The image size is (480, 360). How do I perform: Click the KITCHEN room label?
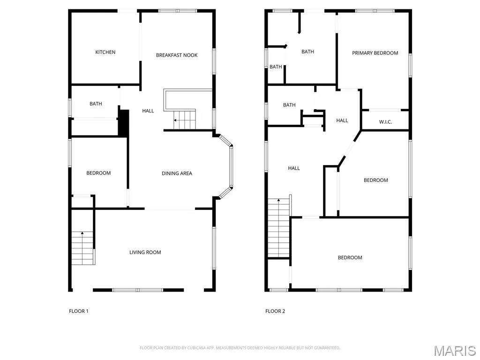105,52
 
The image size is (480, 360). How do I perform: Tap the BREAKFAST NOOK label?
177,55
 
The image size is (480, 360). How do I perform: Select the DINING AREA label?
177,173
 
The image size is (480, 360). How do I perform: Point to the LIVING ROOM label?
145,252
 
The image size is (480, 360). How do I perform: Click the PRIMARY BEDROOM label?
375,53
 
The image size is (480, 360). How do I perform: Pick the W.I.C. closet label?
385,122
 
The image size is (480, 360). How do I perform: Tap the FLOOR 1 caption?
79,311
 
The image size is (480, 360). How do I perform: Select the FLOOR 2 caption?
275,311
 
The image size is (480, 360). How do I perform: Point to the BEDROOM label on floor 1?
98,173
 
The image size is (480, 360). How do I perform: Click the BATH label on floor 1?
96,104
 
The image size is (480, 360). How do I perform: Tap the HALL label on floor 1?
148,111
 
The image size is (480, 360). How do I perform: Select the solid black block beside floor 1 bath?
123,123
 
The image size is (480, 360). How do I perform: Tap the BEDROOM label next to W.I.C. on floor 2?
375,180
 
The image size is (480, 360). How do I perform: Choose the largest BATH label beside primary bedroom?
307,52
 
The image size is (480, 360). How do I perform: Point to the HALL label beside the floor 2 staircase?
294,168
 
